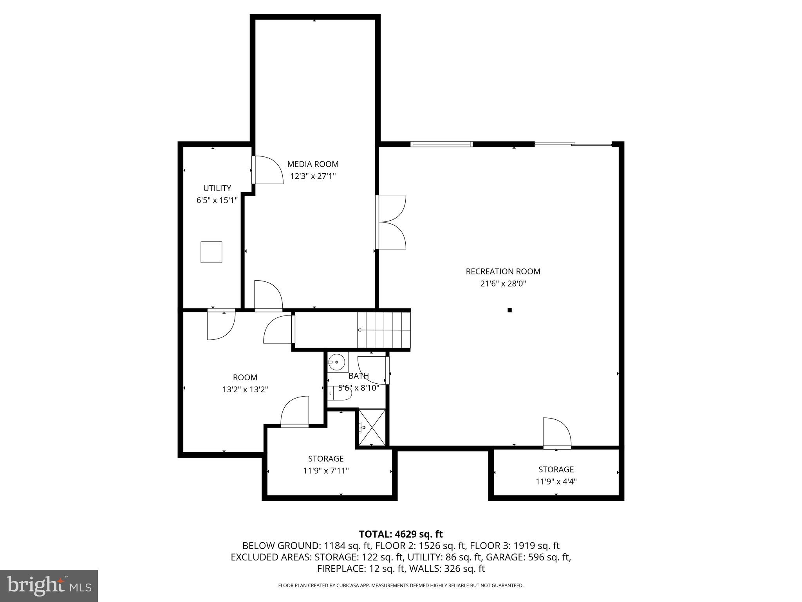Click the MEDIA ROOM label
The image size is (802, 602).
coord(312,164)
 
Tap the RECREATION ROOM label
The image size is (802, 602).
coord(503,271)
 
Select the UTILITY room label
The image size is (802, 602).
coord(217,188)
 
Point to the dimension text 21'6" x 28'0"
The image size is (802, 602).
coord(503,283)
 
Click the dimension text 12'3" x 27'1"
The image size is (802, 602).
coord(312,176)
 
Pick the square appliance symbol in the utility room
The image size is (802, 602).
coord(211,252)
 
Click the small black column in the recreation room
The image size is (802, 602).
coord(509,310)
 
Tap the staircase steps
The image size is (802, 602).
coord(384,330)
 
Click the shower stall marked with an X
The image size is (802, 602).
coord(372,427)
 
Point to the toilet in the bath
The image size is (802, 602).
coord(340,393)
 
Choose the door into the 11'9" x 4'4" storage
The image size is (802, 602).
coord(557,433)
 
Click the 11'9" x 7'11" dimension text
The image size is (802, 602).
coord(326,471)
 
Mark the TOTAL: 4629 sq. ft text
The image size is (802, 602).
coord(401,534)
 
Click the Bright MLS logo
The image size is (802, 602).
coord(49,586)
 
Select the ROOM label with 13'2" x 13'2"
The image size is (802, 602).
coord(245,377)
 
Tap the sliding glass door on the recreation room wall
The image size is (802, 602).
coord(573,145)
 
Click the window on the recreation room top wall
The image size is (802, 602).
coord(441,144)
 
